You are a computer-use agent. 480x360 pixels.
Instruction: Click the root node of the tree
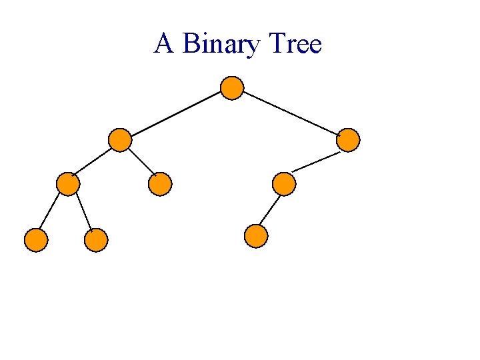(x=231, y=88)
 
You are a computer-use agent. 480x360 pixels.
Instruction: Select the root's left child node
(x=119, y=140)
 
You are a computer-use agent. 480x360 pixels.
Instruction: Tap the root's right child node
(x=348, y=139)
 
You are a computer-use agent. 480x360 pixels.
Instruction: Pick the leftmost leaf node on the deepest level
(x=36, y=240)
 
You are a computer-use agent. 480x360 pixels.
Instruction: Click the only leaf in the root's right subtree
(x=256, y=236)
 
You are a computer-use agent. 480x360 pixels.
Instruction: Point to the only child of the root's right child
(x=284, y=183)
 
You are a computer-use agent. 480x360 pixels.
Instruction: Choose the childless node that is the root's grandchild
(x=160, y=183)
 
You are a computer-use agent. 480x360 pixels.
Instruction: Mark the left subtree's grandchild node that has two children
(x=68, y=183)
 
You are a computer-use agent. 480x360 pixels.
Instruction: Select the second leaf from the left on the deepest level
(x=96, y=240)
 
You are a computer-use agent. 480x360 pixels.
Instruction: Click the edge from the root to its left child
(x=175, y=114)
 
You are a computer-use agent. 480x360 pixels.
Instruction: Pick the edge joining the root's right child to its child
(x=316, y=161)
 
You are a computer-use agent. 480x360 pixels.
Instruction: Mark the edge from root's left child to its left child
(x=93, y=162)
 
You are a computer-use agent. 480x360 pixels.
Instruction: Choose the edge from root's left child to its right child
(x=141, y=162)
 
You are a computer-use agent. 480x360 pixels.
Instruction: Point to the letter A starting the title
(x=163, y=45)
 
